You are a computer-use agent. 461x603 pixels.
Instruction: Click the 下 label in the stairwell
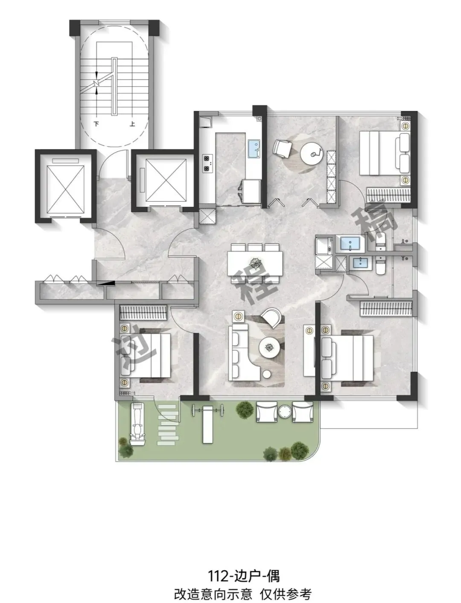pos(96,124)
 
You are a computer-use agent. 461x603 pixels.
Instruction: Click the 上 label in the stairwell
pos(132,124)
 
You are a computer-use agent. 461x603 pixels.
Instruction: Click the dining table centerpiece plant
pos(255,262)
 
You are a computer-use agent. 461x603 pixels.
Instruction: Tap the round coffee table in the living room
pos(269,348)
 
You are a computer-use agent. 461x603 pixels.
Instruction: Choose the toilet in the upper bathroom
pos(381,241)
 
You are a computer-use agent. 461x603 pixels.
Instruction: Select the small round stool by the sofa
pos(267,374)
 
